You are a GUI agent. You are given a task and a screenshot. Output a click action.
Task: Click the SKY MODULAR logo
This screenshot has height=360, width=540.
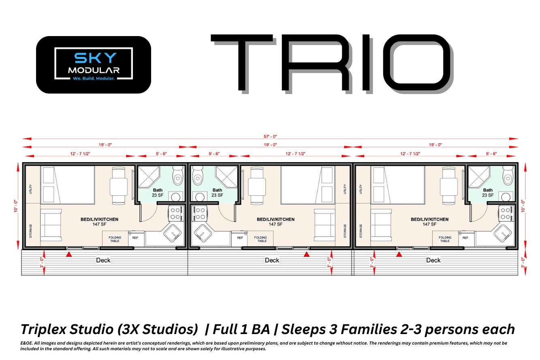(94, 64)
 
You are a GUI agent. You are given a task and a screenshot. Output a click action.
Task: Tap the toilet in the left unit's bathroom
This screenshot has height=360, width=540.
(177, 175)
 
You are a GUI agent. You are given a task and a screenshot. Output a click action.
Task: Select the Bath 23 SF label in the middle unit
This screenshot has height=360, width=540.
(217, 192)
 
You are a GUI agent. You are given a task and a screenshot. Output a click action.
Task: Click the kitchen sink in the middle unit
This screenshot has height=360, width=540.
(201, 233)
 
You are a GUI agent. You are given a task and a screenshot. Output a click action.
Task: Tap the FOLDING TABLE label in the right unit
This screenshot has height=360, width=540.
(445, 239)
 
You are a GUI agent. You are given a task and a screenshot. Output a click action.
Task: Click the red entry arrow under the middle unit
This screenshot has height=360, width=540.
(307, 254)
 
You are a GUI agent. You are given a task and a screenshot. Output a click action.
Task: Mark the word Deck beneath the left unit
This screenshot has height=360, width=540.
(103, 260)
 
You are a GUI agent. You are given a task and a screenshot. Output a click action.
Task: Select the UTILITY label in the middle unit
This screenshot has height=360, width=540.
(344, 189)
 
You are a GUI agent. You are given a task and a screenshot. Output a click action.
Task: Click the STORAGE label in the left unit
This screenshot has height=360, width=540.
(30, 230)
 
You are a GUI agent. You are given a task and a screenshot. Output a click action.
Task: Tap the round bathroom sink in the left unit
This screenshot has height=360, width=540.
(175, 197)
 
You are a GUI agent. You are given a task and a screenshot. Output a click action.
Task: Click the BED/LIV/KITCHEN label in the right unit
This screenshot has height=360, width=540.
(429, 221)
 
